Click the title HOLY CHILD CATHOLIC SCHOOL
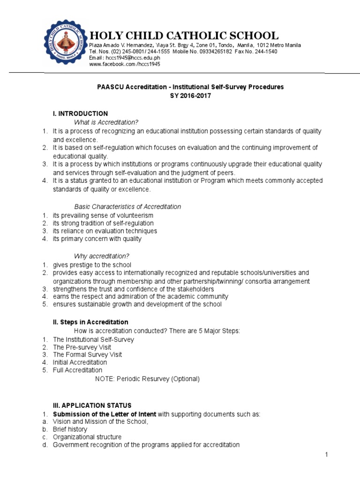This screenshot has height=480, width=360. [x=184, y=36]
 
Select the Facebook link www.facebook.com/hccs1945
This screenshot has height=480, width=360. [x=125, y=64]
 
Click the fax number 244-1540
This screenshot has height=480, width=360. [x=266, y=52]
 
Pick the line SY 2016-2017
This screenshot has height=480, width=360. [x=190, y=96]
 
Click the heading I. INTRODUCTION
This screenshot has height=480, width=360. [x=80, y=113]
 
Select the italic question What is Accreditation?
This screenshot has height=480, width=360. [x=106, y=122]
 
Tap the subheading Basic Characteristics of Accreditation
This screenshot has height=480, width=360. [x=128, y=207]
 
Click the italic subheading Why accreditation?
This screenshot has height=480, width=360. [x=102, y=256]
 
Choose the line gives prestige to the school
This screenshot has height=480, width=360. [x=92, y=264]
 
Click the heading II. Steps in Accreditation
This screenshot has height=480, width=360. [x=90, y=322]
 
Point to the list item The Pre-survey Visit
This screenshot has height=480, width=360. [x=82, y=347]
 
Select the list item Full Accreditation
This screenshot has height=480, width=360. [x=77, y=370]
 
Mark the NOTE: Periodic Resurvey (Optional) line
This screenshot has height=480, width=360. [x=147, y=379]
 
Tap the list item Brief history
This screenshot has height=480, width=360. [x=70, y=429]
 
